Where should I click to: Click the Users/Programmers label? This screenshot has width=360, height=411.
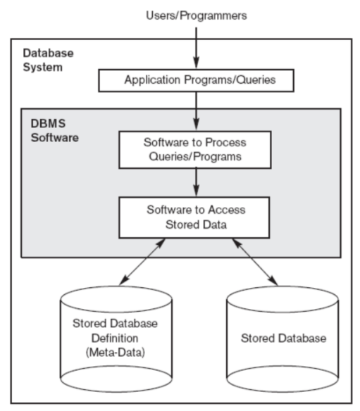pyautogui.click(x=197, y=15)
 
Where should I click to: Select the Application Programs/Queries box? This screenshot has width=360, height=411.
pyautogui.click(x=197, y=80)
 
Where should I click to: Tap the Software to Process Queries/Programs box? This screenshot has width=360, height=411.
pyautogui.click(x=195, y=150)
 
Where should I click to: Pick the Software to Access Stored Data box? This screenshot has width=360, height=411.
pyautogui.click(x=194, y=217)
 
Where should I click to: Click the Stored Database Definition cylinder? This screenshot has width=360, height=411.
pyautogui.click(x=116, y=339)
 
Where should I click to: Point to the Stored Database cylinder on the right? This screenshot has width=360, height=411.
pyautogui.click(x=283, y=339)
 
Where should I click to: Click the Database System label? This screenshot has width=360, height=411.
pyautogui.click(x=49, y=60)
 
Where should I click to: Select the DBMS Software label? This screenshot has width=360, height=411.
pyautogui.click(x=54, y=130)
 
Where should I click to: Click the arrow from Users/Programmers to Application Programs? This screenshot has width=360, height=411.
pyautogui.click(x=197, y=49)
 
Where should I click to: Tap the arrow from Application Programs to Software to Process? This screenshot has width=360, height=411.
pyautogui.click(x=197, y=111)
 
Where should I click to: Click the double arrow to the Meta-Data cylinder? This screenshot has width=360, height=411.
pyautogui.click(x=142, y=262)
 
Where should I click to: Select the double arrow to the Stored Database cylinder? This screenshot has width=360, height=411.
pyautogui.click(x=255, y=262)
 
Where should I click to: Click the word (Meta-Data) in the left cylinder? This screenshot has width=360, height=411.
pyautogui.click(x=116, y=353)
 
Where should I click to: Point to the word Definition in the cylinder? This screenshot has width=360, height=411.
pyautogui.click(x=115, y=338)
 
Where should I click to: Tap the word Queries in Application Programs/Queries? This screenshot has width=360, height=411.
pyautogui.click(x=256, y=80)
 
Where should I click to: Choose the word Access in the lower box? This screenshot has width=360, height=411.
pyautogui.click(x=227, y=210)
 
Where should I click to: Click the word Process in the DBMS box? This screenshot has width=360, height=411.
pyautogui.click(x=225, y=142)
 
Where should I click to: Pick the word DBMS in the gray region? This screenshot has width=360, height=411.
pyautogui.click(x=48, y=123)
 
